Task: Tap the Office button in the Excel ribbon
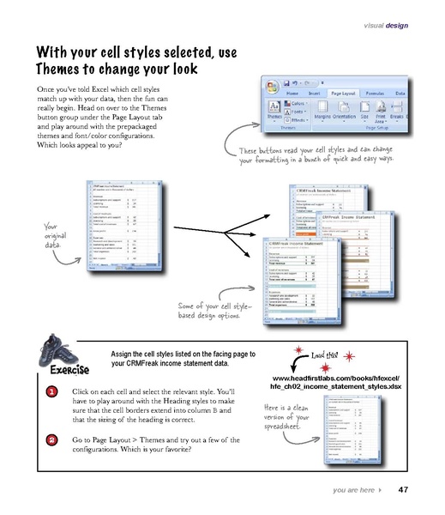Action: pos(273,86)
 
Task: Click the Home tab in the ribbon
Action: pos(292,93)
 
